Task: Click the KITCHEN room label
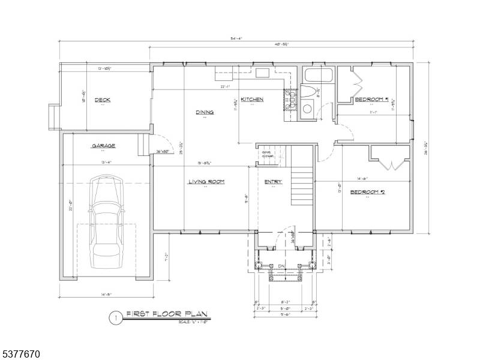point(252,99)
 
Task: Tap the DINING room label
point(205,112)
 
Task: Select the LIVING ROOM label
point(206,182)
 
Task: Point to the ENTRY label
point(273,182)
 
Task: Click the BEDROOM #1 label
point(372,99)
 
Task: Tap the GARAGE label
point(103,146)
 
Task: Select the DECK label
point(103,100)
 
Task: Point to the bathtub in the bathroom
point(319,76)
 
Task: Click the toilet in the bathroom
point(307,93)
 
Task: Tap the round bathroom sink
point(307,109)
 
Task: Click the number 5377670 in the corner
point(20,353)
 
